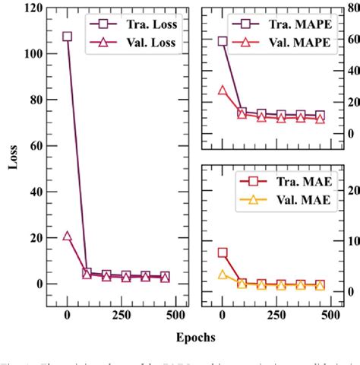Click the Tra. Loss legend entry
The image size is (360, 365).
pos(144,23)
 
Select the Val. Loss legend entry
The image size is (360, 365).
pos(144,43)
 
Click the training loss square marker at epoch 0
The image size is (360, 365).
pos(68,36)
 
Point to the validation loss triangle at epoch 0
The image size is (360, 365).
pos(68,236)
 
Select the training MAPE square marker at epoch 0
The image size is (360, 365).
pos(223,42)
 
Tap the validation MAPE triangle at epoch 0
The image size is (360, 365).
pos(223,90)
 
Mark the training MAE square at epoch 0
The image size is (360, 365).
pos(223,252)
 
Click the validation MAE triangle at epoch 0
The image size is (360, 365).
pos(223,275)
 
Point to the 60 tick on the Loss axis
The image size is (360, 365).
pos(35,145)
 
